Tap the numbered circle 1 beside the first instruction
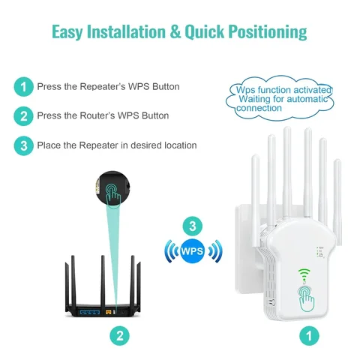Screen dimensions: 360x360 tap(23, 86)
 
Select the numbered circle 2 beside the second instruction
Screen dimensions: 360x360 tap(23, 116)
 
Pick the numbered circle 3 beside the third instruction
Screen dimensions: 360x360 tap(23, 145)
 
